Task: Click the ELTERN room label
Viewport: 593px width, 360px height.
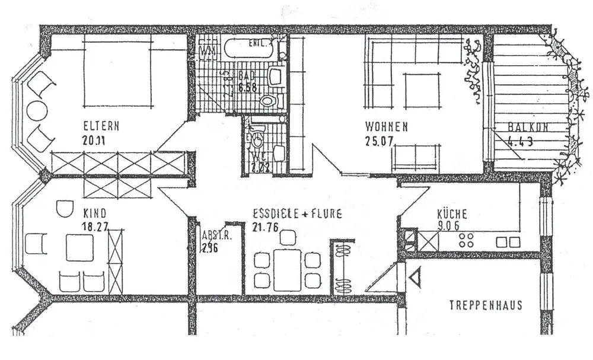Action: pyautogui.click(x=101, y=126)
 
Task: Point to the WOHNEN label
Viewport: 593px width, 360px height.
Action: pyautogui.click(x=386, y=126)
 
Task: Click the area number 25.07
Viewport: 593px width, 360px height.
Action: pyautogui.click(x=380, y=141)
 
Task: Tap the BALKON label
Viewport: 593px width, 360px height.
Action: pyautogui.click(x=528, y=126)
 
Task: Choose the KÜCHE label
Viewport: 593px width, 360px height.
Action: pyautogui.click(x=452, y=214)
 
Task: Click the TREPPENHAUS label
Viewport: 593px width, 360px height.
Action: pyautogui.click(x=486, y=305)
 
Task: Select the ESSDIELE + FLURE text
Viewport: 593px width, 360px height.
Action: pyautogui.click(x=296, y=214)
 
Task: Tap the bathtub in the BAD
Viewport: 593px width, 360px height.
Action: pyautogui.click(x=249, y=48)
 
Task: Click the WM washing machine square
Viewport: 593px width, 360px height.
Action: pyautogui.click(x=206, y=50)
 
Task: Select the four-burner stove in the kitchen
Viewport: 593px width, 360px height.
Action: pyautogui.click(x=467, y=240)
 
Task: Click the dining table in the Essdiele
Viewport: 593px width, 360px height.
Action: pyautogui.click(x=288, y=269)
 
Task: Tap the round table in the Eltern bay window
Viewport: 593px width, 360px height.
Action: pyautogui.click(x=37, y=111)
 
